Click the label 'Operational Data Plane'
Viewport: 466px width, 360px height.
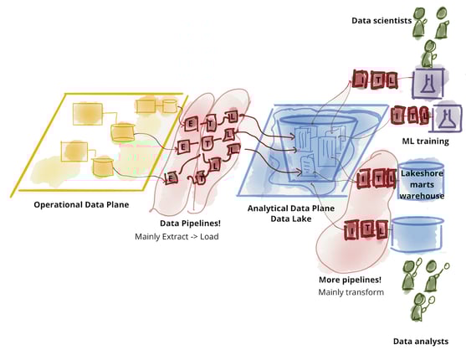(81, 204)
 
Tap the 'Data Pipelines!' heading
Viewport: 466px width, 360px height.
(190, 224)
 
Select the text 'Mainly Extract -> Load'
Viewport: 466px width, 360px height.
(177, 237)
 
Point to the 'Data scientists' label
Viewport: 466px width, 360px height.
(382, 21)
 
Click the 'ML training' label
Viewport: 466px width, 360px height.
(425, 141)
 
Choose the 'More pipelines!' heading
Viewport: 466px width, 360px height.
(350, 280)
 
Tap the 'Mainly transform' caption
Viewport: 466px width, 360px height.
(351, 292)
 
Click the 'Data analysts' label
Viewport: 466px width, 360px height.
(421, 342)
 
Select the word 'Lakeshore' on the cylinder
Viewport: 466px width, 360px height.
(422, 173)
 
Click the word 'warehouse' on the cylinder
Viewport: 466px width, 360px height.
(422, 196)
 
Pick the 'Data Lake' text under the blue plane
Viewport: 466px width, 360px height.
(291, 219)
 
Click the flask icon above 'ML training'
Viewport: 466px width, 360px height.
(447, 118)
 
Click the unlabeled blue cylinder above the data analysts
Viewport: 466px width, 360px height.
(417, 234)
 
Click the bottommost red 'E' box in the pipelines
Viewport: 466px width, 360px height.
(171, 178)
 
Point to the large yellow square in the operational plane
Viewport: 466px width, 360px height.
(88, 114)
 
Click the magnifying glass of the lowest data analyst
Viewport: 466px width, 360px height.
(431, 301)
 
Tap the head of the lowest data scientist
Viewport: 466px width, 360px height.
(429, 46)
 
